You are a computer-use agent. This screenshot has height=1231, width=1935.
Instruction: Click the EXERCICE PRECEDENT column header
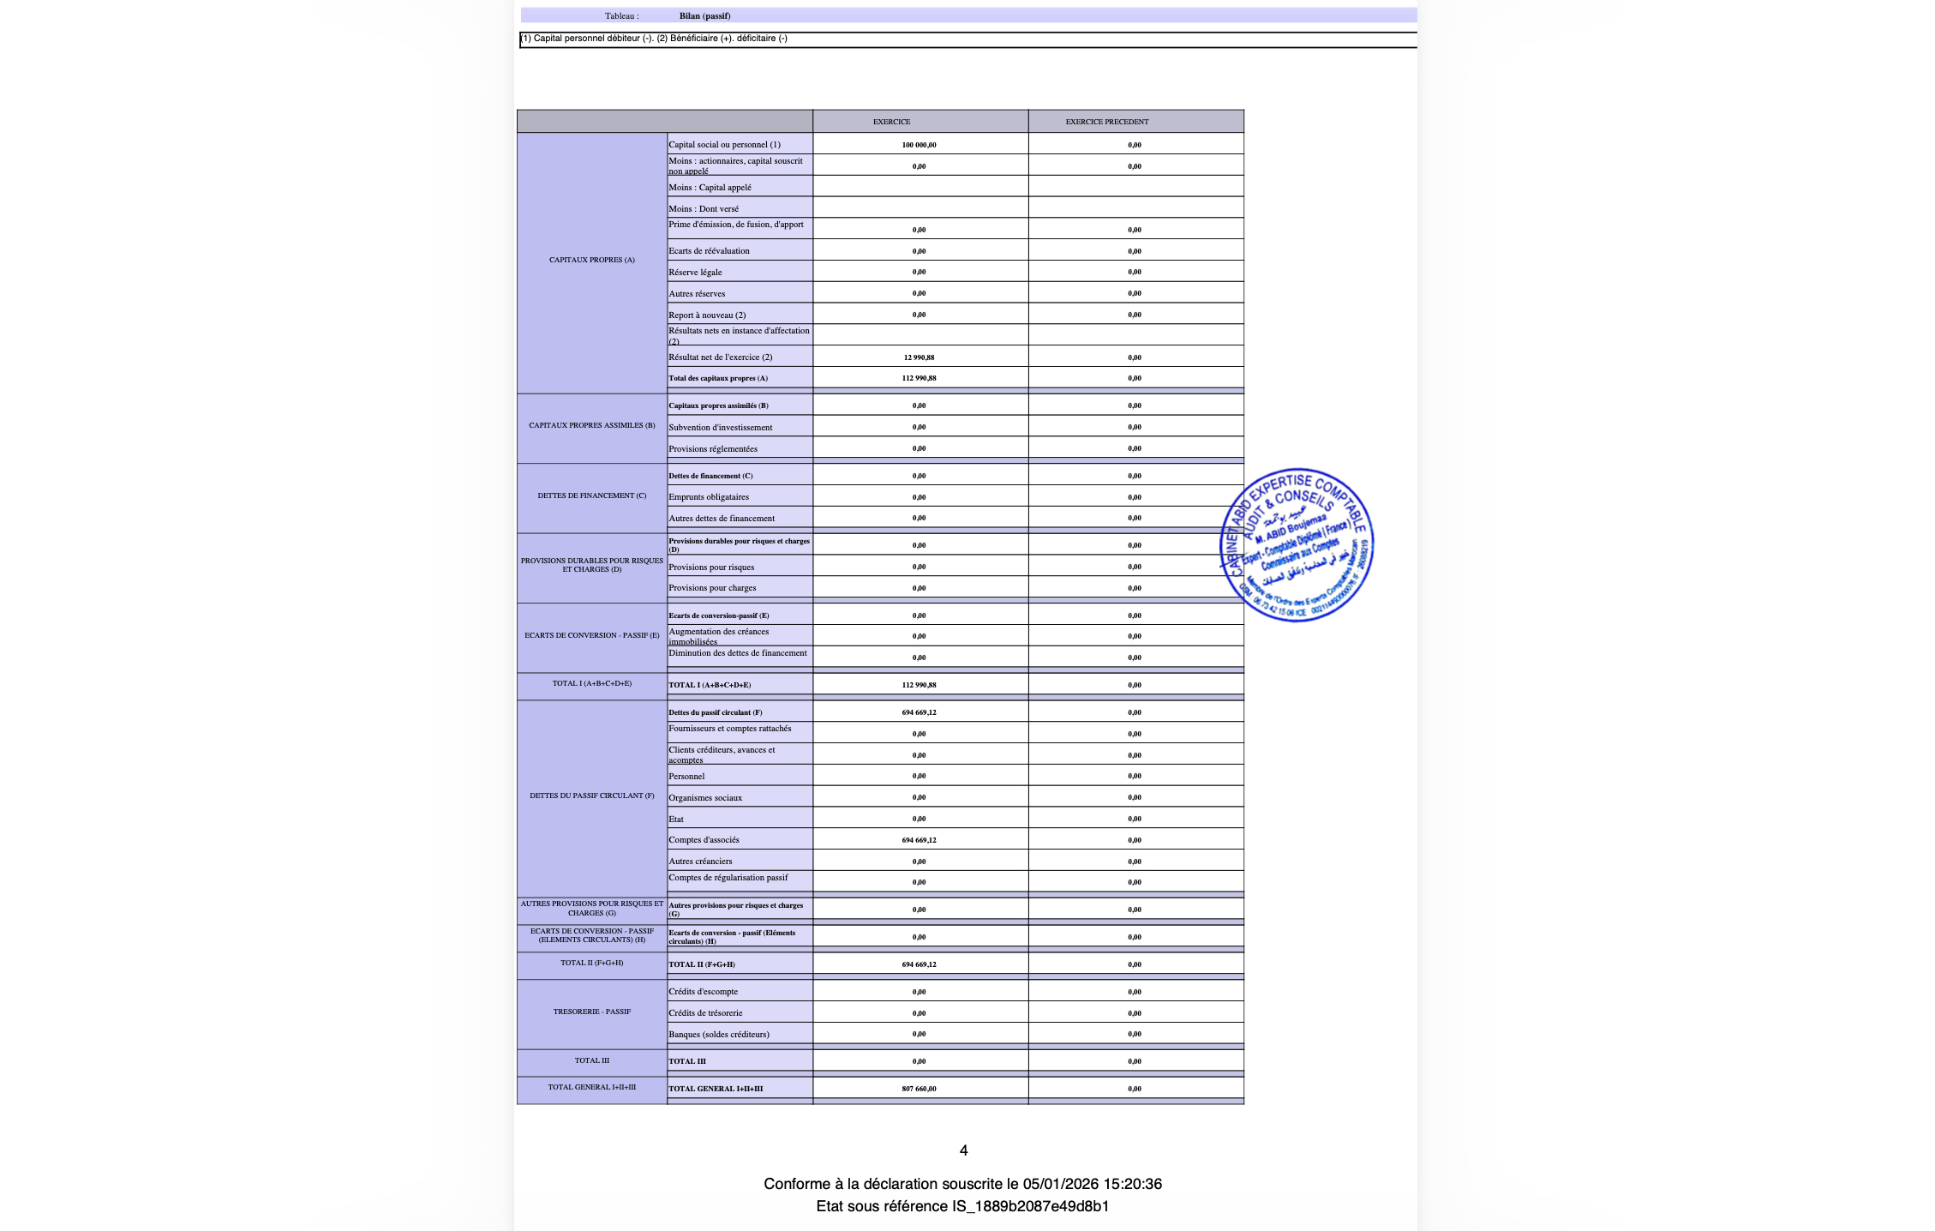(1106, 122)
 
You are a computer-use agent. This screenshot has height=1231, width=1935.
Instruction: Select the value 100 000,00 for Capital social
(919, 145)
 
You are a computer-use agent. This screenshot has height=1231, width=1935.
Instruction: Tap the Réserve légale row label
(695, 273)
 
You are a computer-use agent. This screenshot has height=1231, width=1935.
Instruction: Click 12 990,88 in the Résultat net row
(919, 357)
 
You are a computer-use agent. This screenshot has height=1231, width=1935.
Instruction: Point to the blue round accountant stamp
(1297, 545)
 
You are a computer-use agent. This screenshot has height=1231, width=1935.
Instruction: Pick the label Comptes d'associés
(704, 840)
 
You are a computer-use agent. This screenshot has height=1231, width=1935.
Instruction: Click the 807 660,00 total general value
(919, 1089)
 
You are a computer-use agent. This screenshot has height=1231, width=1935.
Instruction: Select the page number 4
(963, 1150)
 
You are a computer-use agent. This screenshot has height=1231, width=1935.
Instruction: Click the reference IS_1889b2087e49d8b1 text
(1030, 1206)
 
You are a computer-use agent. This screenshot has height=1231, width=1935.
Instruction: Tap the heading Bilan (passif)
(704, 15)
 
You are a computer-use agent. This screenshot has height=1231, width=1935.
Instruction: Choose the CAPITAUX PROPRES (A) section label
(591, 260)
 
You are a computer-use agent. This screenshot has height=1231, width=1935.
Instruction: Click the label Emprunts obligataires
(709, 497)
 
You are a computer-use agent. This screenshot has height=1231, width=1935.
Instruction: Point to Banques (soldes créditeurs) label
(719, 1035)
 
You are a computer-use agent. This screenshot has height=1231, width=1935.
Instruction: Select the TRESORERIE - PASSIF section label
(591, 1012)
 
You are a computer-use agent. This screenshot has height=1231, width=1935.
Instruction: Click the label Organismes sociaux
(705, 798)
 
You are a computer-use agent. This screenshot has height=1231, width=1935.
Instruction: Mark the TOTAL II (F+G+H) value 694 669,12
(919, 964)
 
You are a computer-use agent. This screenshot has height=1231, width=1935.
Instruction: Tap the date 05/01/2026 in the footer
(1060, 1184)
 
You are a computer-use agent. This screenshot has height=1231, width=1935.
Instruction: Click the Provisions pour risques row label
(711, 567)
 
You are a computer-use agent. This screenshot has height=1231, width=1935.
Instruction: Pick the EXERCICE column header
(891, 122)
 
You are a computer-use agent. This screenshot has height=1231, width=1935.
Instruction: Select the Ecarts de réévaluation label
(709, 251)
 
